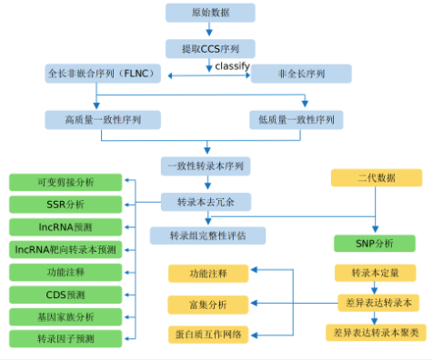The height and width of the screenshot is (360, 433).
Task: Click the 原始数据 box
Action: [x=209, y=13]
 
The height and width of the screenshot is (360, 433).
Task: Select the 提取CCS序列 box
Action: [x=209, y=48]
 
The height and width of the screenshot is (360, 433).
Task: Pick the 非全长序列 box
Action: [x=301, y=74]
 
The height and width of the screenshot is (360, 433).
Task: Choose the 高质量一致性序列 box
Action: [x=103, y=119]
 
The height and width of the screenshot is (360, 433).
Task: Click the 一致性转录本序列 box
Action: [x=209, y=166]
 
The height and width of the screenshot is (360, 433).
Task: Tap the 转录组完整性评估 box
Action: [x=209, y=235]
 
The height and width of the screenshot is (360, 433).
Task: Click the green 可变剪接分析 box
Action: [x=65, y=181]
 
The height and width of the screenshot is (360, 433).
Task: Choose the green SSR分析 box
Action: [x=65, y=204]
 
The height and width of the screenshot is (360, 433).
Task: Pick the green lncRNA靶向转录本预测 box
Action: [x=65, y=249]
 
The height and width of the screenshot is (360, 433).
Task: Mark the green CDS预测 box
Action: [x=65, y=295]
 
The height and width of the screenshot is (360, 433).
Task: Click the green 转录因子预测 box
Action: [x=65, y=339]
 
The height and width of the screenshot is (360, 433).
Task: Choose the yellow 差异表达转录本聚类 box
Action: [x=376, y=333]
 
